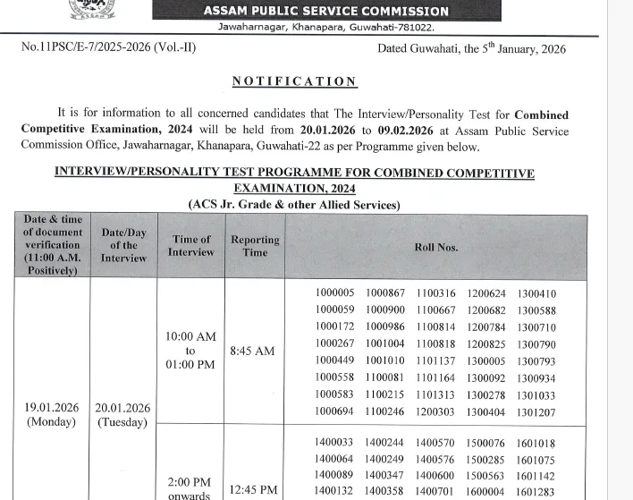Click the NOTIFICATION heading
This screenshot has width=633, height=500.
tap(294, 81)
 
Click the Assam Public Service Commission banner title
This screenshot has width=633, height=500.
tap(325, 12)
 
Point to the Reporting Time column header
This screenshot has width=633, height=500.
tap(255, 246)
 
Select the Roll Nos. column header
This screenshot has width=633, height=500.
tap(435, 247)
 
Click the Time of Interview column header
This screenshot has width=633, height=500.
tap(190, 246)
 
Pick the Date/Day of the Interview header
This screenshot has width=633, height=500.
tap(123, 245)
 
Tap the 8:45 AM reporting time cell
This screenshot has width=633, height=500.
tap(252, 352)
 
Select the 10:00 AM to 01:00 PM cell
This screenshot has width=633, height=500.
tap(190, 352)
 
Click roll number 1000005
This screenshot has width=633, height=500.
tap(334, 293)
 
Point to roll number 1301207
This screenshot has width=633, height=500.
tap(536, 412)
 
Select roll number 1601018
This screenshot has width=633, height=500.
tap(536, 443)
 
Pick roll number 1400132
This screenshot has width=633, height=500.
tap(334, 491)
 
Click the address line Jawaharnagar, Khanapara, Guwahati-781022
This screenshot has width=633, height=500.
tap(325, 29)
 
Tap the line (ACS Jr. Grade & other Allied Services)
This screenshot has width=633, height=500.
tap(294, 205)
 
